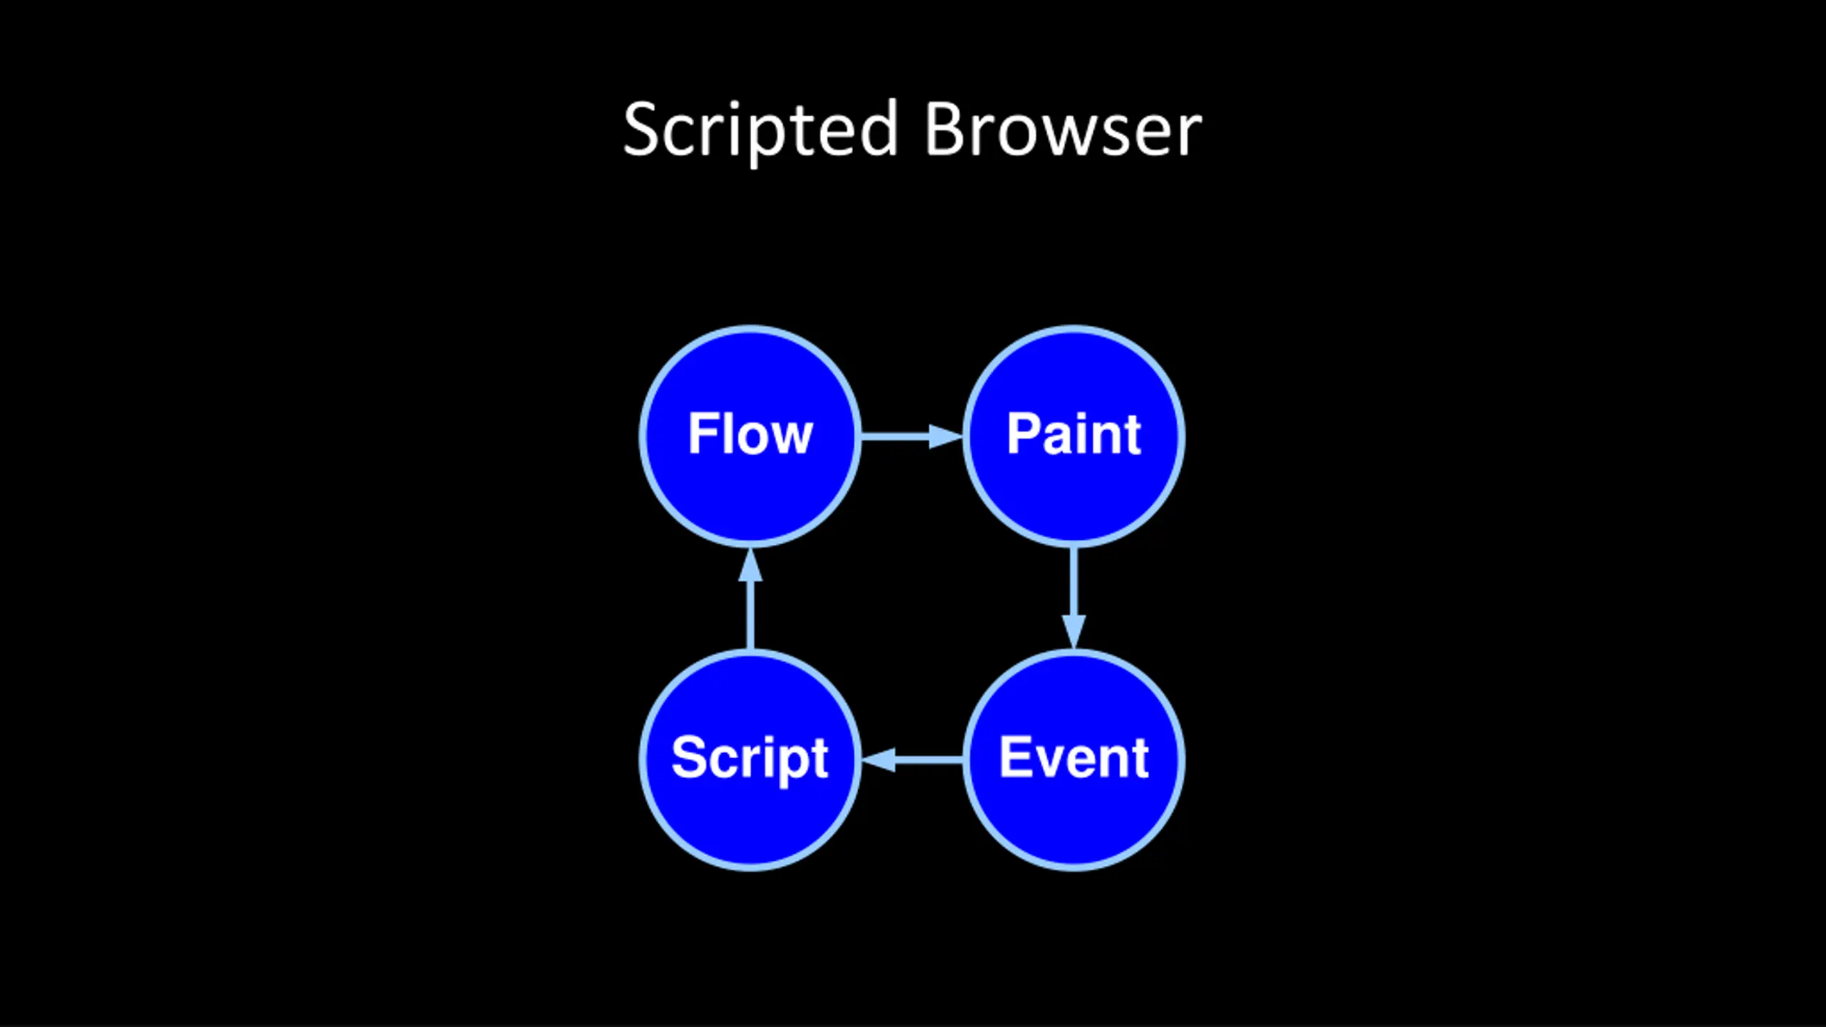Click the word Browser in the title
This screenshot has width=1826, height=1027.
[1064, 129]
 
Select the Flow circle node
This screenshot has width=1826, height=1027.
[750, 436]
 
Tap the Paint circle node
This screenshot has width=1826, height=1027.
[1074, 436]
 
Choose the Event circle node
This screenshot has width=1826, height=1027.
[1074, 760]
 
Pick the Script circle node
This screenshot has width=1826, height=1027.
[750, 760]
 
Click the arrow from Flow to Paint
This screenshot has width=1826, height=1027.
[912, 436]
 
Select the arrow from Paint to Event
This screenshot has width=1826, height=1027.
[1074, 598]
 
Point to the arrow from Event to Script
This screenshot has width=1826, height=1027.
[912, 760]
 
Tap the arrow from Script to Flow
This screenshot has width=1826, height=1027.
[750, 598]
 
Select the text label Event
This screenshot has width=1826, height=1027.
[1073, 757]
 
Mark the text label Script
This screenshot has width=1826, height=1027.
[750, 760]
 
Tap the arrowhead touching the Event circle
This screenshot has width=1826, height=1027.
[1074, 632]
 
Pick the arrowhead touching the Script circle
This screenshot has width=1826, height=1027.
[878, 760]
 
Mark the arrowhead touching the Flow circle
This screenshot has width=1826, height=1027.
[750, 565]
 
